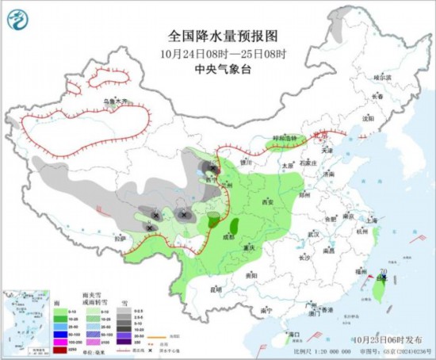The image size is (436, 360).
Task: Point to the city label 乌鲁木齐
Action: coord(114,101)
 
